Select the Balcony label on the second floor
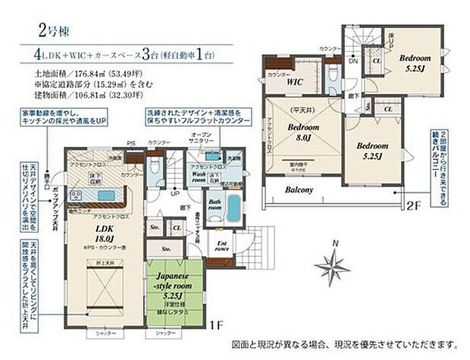tap(299, 191)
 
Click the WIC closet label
tap(296, 80)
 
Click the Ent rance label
tap(223, 246)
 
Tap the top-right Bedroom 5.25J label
tap(415, 62)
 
